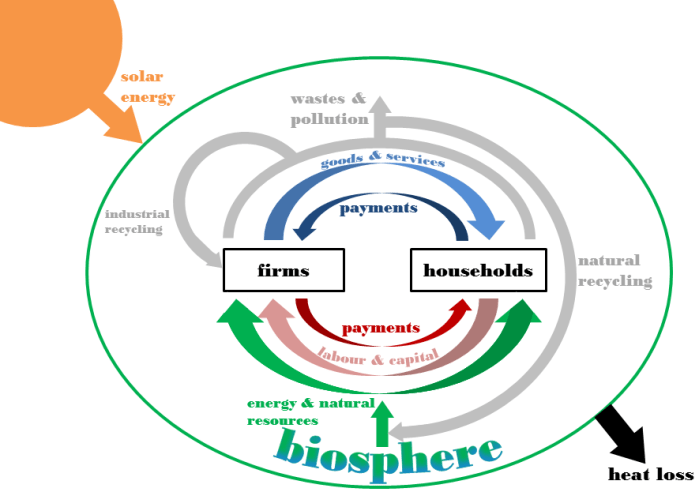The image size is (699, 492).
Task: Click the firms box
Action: pos(283,270)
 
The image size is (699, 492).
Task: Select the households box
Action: pos(478,270)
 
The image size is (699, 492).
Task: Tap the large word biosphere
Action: pos(388,452)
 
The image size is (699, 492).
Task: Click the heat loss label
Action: pos(650,474)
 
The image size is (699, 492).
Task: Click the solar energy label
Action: pos(148,87)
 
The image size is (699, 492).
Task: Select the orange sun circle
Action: pos(50,50)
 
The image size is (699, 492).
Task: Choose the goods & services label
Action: pos(383,161)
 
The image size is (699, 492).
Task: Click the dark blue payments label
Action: pos(378,208)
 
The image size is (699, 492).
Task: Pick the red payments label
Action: pos(381,327)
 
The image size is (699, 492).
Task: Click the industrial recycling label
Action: pos(137,221)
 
